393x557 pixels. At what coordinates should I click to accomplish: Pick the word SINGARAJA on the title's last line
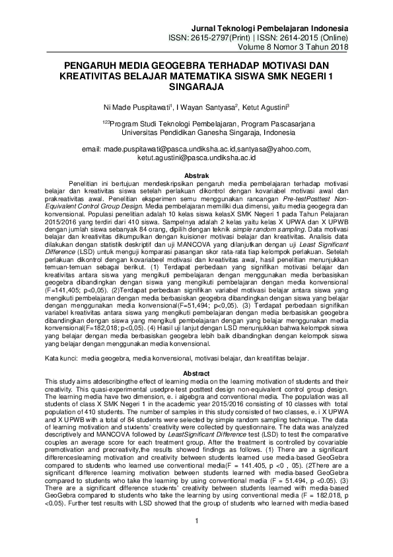click(x=196, y=86)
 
